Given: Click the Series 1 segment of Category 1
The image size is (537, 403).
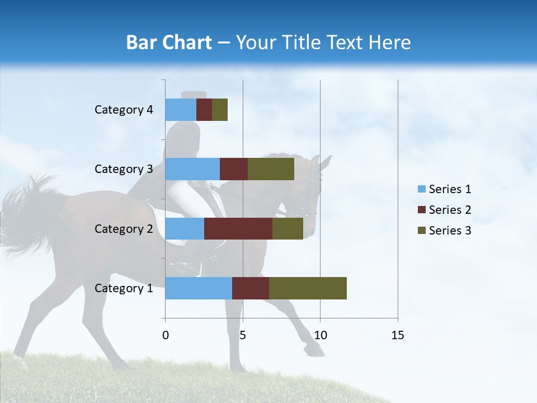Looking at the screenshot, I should [199, 288].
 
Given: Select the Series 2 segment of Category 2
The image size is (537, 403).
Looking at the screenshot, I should [238, 228].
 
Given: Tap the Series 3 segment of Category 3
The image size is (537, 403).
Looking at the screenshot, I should [271, 169].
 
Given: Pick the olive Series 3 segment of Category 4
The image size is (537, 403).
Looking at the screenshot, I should [220, 110].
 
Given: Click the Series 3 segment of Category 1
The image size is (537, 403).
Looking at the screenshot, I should [308, 288].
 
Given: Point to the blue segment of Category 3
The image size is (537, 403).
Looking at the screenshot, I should [192, 169].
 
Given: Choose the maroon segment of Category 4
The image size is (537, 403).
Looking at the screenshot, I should [204, 110].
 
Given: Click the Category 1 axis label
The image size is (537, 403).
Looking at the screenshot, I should [124, 288].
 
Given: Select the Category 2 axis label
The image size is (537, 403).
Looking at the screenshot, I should [124, 229].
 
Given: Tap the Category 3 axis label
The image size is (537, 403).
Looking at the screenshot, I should [124, 169].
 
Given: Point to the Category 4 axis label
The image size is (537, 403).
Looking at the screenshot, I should [124, 110].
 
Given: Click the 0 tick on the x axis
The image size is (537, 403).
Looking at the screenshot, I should [166, 335].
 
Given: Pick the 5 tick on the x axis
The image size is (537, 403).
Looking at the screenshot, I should [243, 335].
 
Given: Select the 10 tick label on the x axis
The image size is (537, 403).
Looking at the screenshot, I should [320, 335].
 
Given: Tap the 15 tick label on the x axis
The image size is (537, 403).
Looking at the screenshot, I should [397, 335].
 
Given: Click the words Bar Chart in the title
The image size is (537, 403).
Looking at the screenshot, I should [169, 43].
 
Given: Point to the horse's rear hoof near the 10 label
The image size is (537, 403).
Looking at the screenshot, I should [315, 351].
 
